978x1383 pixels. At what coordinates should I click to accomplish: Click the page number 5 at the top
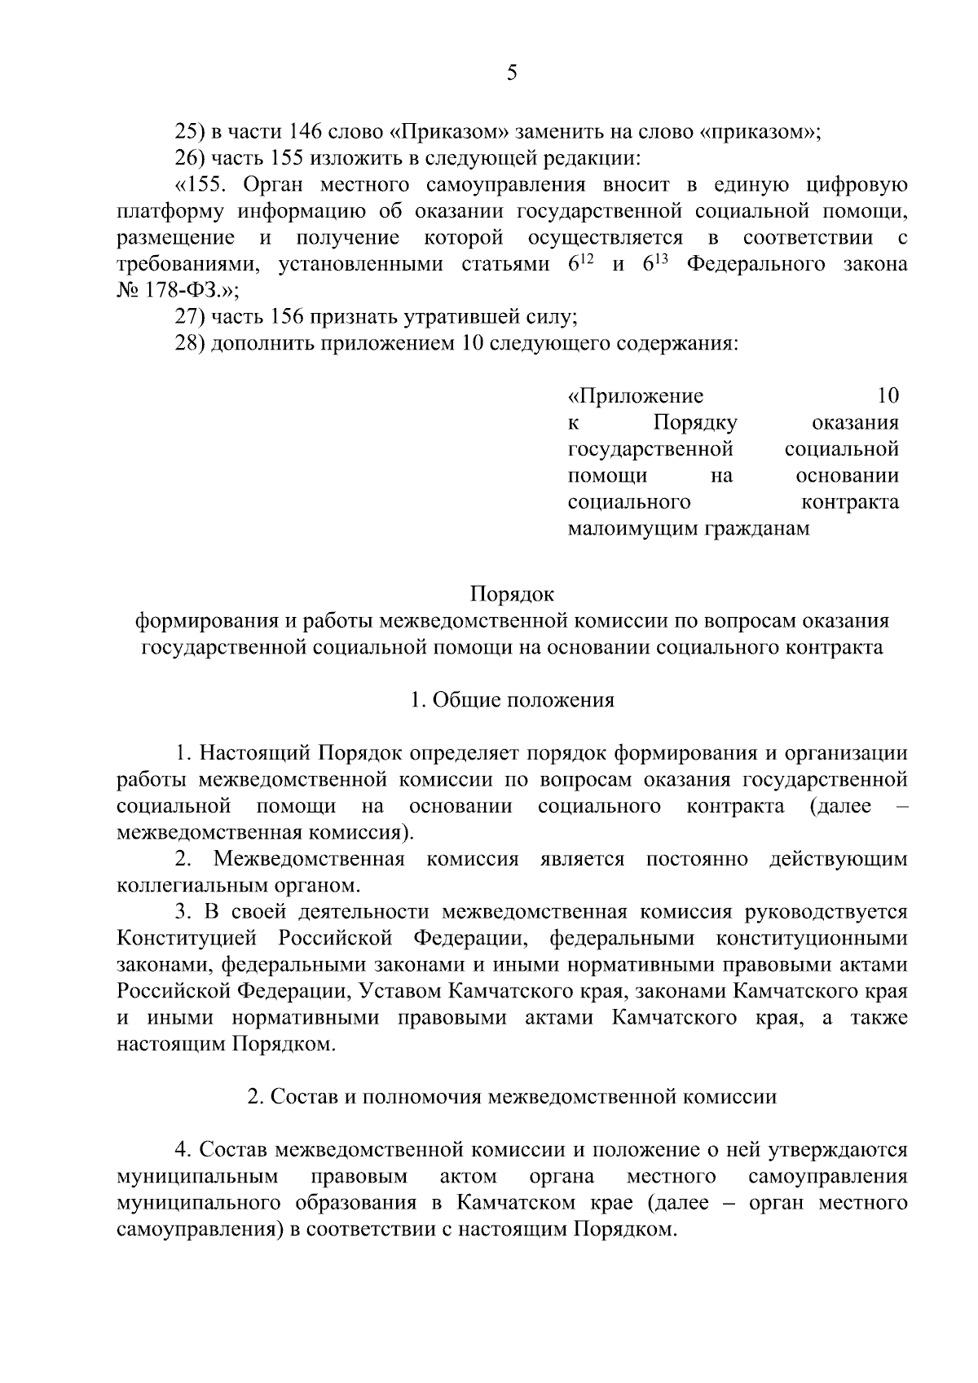[511, 74]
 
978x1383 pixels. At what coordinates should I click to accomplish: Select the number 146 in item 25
[306, 131]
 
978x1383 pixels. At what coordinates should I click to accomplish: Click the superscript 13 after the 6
[660, 259]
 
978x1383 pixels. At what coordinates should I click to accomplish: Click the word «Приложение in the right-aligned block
[636, 397]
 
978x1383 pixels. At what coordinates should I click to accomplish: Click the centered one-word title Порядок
[512, 594]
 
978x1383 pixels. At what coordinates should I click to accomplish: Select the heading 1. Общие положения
[512, 700]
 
